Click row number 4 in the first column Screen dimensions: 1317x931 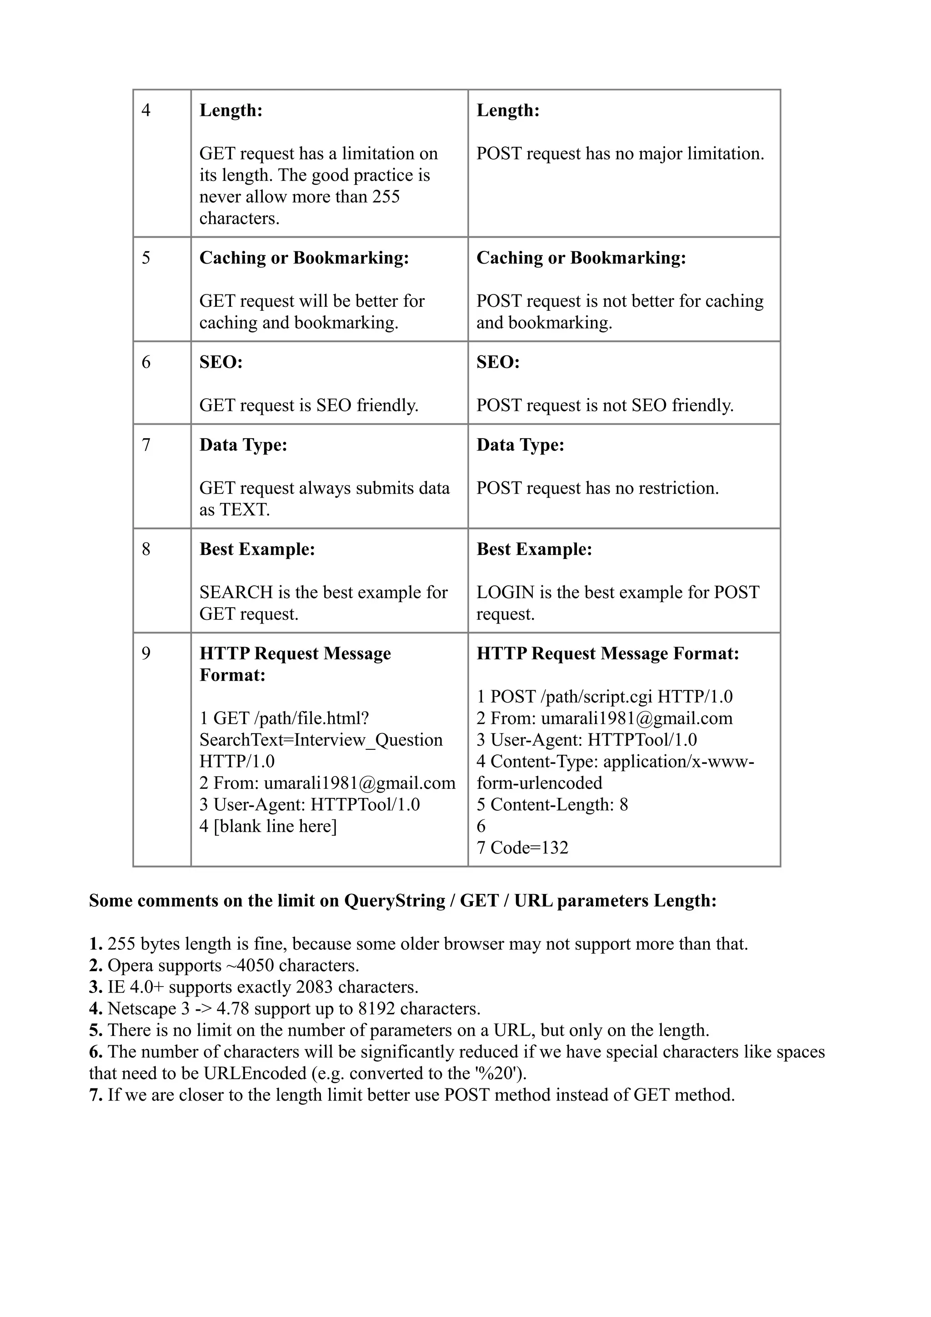(x=146, y=110)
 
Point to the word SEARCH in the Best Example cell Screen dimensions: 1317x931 (x=236, y=592)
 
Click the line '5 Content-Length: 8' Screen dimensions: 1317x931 (x=552, y=804)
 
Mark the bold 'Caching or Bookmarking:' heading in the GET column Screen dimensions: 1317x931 (x=304, y=258)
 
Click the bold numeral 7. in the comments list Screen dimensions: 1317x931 (x=95, y=1095)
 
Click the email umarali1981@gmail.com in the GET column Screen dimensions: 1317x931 (x=359, y=783)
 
